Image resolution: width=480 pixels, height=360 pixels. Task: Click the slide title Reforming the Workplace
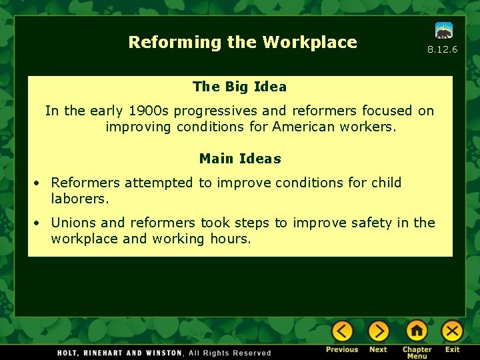[243, 42]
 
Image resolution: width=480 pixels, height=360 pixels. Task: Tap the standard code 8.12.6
[442, 50]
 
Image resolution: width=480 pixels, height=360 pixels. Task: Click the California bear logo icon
[444, 31]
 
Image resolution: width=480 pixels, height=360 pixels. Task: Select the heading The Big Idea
[239, 87]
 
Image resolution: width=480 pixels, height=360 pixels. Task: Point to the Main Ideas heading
[240, 159]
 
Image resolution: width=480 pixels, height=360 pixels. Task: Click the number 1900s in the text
[149, 111]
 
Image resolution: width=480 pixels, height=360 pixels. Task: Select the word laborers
[79, 199]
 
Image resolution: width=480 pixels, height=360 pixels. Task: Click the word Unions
[72, 223]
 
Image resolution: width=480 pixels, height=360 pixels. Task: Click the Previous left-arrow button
[343, 331]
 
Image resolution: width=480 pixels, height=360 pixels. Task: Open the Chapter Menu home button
[417, 331]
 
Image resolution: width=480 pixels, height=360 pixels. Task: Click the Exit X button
[453, 331]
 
